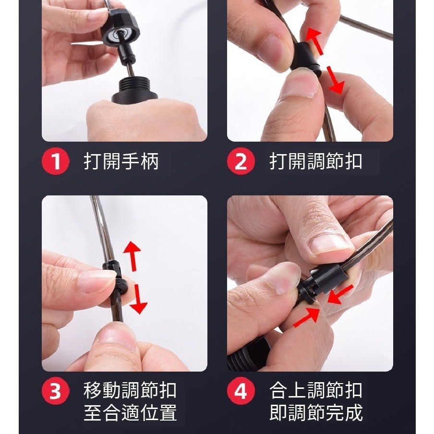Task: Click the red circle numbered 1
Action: click(x=55, y=161)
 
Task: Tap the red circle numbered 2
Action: click(x=241, y=161)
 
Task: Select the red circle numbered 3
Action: click(x=55, y=391)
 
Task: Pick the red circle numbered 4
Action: click(x=241, y=391)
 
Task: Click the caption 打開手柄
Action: click(x=121, y=161)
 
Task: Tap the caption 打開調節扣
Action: click(x=316, y=161)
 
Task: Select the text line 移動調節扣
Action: click(x=130, y=390)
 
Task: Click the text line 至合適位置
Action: click(x=130, y=412)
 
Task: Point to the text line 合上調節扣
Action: click(x=316, y=390)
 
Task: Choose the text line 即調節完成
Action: click(x=316, y=412)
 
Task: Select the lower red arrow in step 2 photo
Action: click(x=335, y=80)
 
